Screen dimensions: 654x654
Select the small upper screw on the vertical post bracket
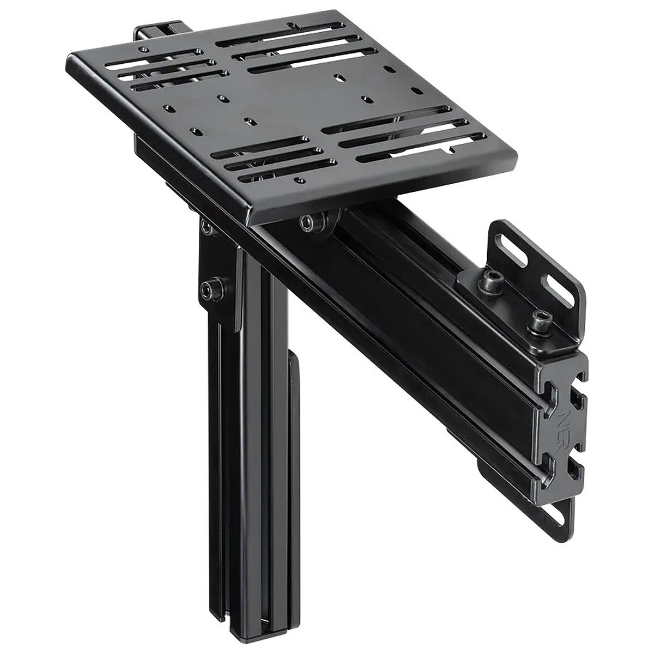click(x=206, y=228)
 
